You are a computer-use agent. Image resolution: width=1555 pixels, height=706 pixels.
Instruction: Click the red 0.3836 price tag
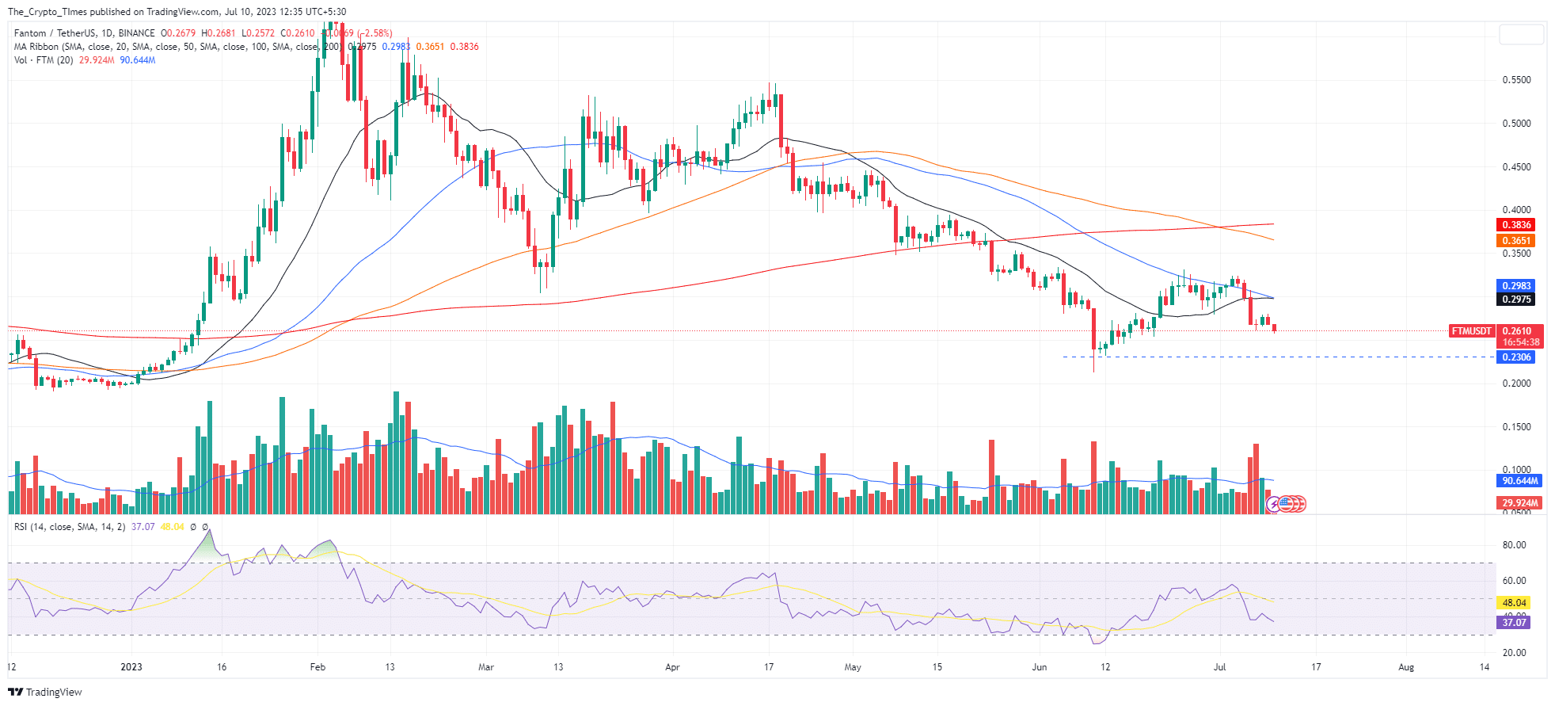1515,225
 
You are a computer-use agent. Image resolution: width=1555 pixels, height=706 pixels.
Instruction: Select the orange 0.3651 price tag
1515,241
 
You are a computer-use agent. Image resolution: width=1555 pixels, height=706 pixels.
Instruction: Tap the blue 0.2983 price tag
1515,286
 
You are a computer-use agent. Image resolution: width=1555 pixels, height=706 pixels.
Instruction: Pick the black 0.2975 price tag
1515,300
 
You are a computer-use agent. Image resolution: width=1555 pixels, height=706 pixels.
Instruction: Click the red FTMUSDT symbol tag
1471,331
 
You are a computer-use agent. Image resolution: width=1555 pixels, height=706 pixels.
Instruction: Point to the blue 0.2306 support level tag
1515,357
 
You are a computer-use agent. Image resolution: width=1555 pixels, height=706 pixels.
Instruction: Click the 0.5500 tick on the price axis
1516,80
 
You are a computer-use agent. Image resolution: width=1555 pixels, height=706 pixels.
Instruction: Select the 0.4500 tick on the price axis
1516,167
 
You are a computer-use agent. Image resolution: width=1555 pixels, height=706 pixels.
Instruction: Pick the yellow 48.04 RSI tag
1514,603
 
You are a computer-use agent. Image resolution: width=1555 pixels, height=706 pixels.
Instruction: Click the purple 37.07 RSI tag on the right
1514,623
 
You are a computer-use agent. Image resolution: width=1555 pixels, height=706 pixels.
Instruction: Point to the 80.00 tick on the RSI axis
1514,545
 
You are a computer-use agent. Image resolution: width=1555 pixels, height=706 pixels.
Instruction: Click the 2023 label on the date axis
131,667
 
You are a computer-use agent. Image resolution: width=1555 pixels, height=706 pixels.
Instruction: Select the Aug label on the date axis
1405,667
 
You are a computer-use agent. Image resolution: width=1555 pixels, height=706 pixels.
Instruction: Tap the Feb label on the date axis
317,667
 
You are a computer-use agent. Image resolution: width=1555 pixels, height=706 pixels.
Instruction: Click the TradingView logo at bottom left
45,692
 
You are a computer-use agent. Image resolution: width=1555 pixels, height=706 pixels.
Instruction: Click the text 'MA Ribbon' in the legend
36,47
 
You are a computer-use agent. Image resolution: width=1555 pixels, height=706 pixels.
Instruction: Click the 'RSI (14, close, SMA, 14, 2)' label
69,527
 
